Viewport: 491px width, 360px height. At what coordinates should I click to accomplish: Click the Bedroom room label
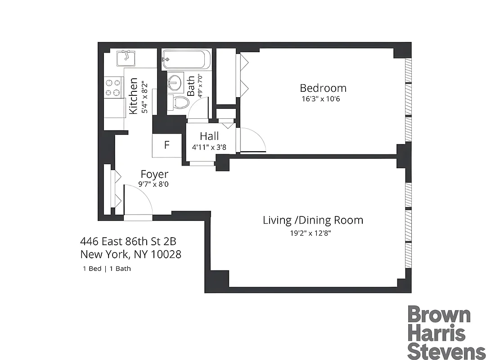click(x=323, y=88)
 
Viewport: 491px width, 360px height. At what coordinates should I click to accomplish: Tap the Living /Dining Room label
click(x=313, y=220)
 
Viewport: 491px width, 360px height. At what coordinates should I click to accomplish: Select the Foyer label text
click(x=154, y=174)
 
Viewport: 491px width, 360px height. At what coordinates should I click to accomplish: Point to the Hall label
click(x=209, y=136)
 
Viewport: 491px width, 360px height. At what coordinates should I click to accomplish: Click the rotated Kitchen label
click(x=134, y=96)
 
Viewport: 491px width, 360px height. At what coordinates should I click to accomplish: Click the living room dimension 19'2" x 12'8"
click(x=313, y=233)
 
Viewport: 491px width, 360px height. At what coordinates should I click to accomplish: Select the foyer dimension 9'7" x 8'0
click(x=154, y=184)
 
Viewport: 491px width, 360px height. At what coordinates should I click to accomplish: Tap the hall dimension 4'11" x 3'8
click(x=209, y=146)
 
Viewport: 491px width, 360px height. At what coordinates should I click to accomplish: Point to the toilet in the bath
click(x=179, y=102)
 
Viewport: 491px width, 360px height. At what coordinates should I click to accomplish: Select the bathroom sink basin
click(x=174, y=83)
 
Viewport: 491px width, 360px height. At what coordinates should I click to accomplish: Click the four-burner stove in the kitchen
click(x=114, y=87)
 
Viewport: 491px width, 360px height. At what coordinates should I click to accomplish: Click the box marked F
click(x=167, y=145)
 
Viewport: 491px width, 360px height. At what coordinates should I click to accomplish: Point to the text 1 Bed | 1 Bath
click(x=107, y=269)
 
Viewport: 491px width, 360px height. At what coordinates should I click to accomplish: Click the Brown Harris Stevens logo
click(x=440, y=331)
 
